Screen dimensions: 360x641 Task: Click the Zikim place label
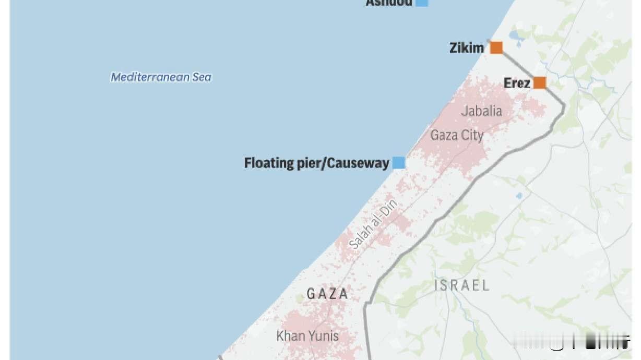point(467,49)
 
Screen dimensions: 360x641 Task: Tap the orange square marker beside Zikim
point(496,48)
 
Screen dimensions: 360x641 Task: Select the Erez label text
point(517,83)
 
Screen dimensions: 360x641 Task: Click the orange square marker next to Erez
point(539,83)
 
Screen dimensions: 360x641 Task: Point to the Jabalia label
point(481,111)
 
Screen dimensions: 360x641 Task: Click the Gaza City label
point(457,135)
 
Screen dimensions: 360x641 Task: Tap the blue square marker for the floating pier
point(399,163)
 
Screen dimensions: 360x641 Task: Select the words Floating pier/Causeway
point(316,163)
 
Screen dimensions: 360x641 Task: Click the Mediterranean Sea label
point(161,78)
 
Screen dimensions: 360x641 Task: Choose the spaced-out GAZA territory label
point(327,294)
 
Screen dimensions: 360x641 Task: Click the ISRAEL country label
point(462,285)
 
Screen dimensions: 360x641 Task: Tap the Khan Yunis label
point(307,336)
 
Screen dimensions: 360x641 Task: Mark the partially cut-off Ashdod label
point(389,3)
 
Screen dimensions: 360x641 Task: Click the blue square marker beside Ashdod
point(422,2)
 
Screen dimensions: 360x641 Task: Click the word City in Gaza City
point(472,135)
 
